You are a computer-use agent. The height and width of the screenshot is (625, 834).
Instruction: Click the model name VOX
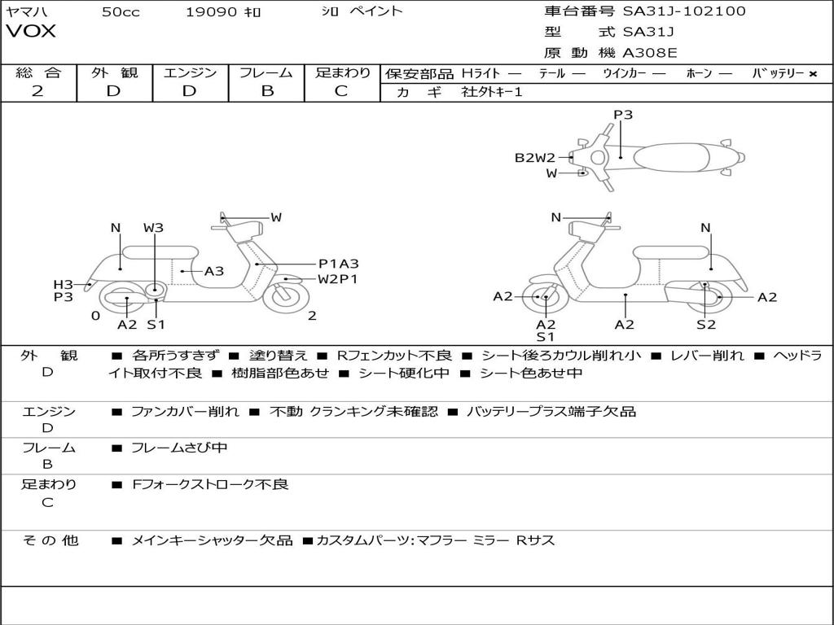(31, 32)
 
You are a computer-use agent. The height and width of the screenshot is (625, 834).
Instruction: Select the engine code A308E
(649, 53)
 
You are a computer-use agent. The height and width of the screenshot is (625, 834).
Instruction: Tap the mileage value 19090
(211, 12)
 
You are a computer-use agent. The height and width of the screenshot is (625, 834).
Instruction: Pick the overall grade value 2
(37, 91)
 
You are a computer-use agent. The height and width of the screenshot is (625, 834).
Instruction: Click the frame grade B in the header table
(266, 91)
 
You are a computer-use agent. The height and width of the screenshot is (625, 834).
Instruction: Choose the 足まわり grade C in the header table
(341, 91)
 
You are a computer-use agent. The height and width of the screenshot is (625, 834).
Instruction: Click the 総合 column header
(37, 72)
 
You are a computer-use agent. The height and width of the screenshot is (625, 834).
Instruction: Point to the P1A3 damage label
(338, 264)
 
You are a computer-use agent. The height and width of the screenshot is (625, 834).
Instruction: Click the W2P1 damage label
(338, 279)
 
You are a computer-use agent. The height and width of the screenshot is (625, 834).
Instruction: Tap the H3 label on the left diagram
(64, 284)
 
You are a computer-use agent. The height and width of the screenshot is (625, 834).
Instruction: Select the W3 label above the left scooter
(153, 228)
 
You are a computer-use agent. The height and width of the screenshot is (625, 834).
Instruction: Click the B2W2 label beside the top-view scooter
(534, 158)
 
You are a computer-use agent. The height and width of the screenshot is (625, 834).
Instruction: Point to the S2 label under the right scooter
(705, 324)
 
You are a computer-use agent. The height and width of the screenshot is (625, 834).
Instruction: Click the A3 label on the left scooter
(214, 271)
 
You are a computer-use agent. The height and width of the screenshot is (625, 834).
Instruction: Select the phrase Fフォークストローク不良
(210, 484)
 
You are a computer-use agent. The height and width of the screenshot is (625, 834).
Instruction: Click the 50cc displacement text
(121, 12)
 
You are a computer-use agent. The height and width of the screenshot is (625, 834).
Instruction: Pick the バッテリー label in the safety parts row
(778, 73)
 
